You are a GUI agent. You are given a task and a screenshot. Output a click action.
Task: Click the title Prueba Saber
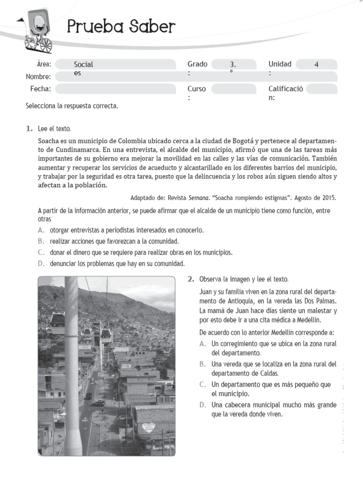pyautogui.click(x=121, y=27)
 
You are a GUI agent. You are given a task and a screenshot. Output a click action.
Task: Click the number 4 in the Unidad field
pyautogui.click(x=316, y=65)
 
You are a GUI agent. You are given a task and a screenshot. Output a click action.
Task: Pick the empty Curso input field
pyautogui.click(x=233, y=89)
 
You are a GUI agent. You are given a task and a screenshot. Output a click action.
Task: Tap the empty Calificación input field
pyautogui.click(x=322, y=89)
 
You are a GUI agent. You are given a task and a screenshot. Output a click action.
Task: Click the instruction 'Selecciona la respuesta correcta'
pyautogui.click(x=72, y=106)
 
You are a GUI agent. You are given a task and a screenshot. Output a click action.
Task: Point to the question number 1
pyautogui.click(x=29, y=129)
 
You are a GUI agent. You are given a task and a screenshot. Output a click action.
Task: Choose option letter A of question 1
pyautogui.click(x=41, y=230)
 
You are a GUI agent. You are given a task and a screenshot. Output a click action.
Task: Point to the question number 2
pyautogui.click(x=191, y=279)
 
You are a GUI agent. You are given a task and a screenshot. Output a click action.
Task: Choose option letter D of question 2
pyautogui.click(x=202, y=405)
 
